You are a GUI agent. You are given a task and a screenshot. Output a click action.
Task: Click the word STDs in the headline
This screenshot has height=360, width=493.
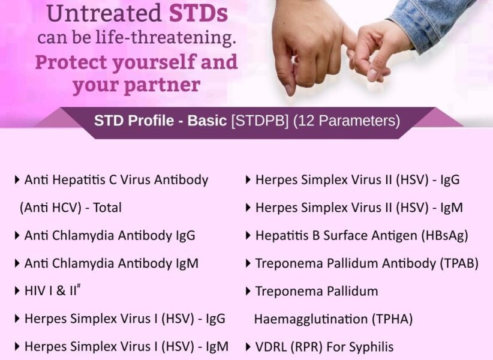199,13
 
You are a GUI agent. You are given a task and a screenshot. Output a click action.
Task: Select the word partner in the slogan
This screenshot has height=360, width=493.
167,85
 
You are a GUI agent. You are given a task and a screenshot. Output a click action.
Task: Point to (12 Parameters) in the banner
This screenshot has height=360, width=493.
346,121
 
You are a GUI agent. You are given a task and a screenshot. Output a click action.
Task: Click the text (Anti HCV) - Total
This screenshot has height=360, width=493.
70,208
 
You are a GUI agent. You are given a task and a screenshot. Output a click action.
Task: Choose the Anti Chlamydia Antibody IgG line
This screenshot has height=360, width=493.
109,235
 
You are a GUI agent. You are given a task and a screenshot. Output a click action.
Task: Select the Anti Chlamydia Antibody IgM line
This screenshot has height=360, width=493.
111,263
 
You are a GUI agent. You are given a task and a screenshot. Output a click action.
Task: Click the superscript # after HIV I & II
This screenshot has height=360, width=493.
79,287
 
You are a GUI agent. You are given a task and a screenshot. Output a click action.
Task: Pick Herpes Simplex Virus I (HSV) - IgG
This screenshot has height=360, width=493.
125,319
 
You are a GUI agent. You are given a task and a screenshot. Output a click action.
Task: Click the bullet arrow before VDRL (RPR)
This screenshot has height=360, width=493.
248,347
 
